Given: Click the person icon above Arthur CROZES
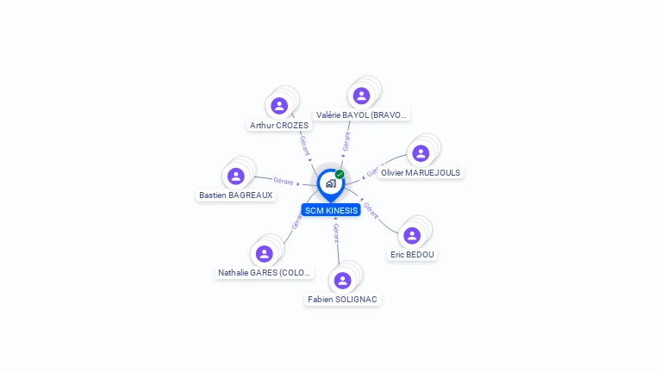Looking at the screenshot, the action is (278, 106).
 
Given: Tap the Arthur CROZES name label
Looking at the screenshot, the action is (278, 126).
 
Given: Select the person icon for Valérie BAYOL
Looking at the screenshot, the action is (361, 96).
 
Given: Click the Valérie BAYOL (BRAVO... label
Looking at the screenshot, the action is (362, 115).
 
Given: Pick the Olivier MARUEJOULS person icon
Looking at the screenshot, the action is (421, 153).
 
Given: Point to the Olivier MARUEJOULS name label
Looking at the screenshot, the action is (421, 173).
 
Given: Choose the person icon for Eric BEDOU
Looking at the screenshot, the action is (412, 235).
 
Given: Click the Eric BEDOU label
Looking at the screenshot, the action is (413, 255).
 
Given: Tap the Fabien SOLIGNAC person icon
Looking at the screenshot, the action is (342, 280).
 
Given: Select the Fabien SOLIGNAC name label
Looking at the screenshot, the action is (342, 300).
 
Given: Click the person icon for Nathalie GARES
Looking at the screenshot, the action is (264, 253).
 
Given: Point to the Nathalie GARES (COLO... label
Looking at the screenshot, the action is (265, 273).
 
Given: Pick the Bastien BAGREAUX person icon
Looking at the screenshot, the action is (235, 176).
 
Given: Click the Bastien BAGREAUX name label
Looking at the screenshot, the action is (235, 195).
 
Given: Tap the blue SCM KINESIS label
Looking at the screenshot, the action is (331, 210).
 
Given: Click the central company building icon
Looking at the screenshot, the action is (330, 183).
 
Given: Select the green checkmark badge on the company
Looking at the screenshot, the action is (340, 174).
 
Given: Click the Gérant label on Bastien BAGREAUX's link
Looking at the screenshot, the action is (284, 181).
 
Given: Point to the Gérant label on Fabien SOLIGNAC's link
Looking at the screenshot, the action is (336, 232).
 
